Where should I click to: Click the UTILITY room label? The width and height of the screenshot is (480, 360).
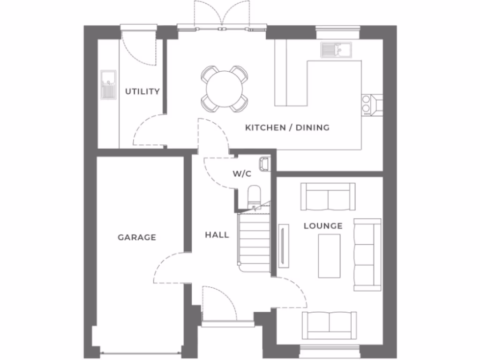(x=142, y=91)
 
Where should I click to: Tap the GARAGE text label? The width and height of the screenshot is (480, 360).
(x=136, y=238)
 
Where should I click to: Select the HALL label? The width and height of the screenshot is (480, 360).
(x=217, y=234)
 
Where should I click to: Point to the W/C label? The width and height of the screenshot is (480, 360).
(x=242, y=174)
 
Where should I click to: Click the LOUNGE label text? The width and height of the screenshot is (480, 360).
(x=323, y=226)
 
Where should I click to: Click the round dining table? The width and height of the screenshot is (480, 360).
(x=225, y=89)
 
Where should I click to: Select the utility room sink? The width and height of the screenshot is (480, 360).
(x=108, y=84)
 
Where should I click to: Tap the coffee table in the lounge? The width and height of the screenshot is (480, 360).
(x=329, y=256)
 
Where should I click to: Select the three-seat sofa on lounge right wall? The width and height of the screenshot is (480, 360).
(x=367, y=255)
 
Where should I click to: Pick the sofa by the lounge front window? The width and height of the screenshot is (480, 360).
(x=329, y=325)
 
